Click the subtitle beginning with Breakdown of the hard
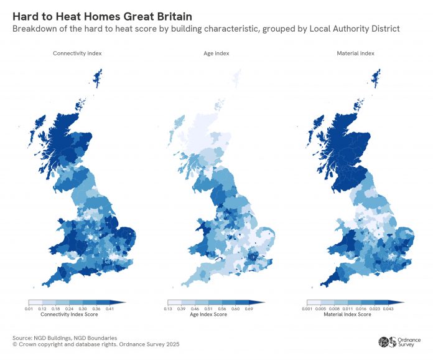(x=205, y=29)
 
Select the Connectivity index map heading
(x=77, y=54)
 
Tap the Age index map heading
(x=217, y=54)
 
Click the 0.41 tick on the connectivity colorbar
(x=110, y=308)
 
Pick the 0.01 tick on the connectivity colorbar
(x=29, y=308)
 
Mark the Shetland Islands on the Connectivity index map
(x=97, y=78)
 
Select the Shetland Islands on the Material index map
(x=376, y=78)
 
